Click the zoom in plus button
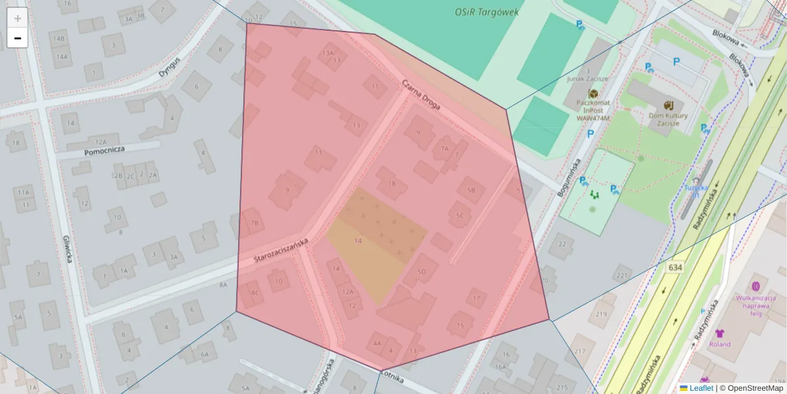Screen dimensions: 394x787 point(18,18)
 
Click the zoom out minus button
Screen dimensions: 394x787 point(18,38)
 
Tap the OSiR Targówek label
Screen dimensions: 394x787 point(487,12)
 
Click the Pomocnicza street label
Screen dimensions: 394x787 point(104,151)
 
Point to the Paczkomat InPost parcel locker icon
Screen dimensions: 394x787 point(593,94)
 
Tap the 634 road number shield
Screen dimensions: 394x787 point(675,268)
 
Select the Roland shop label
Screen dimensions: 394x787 point(719,343)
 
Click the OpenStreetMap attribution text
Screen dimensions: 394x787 point(755,388)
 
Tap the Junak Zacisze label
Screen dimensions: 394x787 point(588,78)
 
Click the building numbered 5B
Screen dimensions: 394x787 point(470,190)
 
